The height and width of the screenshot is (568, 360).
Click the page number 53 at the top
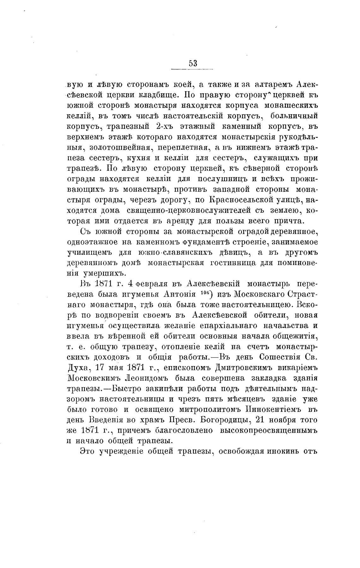193,63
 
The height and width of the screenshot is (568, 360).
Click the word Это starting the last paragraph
87,451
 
